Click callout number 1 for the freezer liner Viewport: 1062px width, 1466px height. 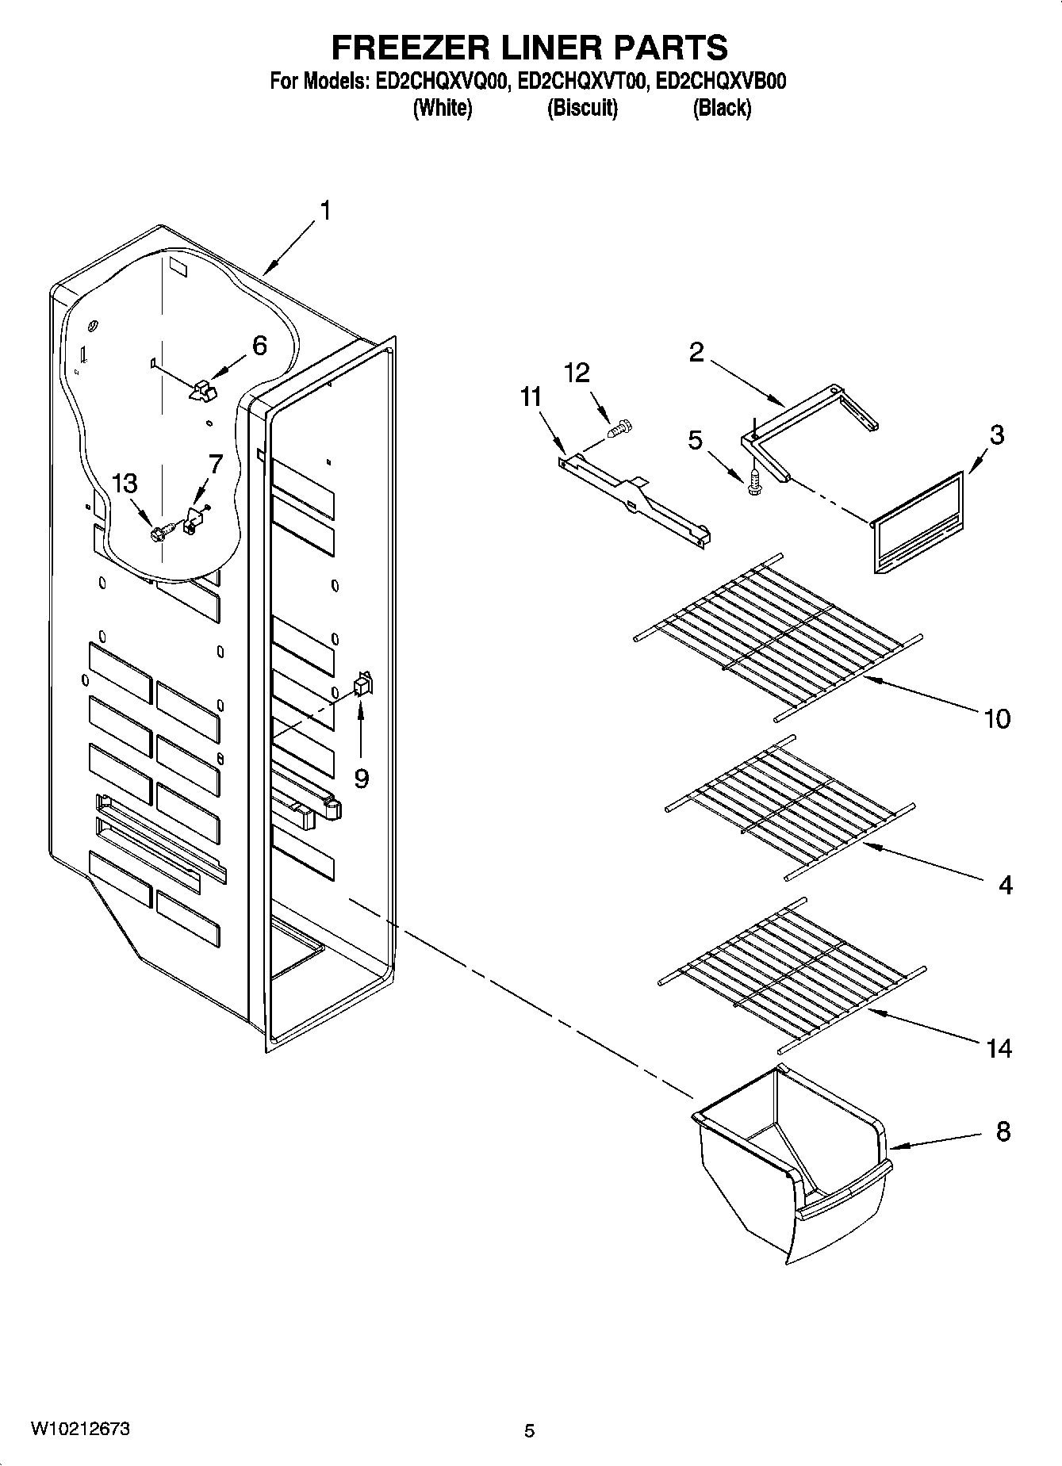click(x=324, y=211)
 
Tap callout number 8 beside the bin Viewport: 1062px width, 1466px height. click(x=1003, y=1131)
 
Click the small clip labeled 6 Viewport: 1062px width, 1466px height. click(x=203, y=389)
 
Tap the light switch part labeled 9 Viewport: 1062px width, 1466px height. click(x=362, y=683)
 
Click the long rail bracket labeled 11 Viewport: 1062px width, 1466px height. click(x=635, y=500)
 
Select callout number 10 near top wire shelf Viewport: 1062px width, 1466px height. click(x=997, y=718)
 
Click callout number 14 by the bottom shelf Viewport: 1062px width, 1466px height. click(x=999, y=1048)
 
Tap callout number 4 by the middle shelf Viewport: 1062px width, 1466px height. click(x=1005, y=885)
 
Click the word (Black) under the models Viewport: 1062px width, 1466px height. click(x=722, y=108)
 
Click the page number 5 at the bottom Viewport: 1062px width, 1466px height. click(x=530, y=1431)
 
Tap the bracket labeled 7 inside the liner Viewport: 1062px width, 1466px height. click(x=193, y=519)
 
